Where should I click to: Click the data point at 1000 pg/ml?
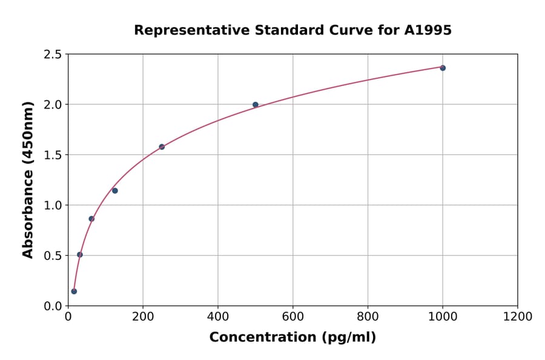(443, 68)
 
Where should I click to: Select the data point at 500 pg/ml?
(256, 105)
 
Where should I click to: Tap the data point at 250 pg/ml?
(162, 147)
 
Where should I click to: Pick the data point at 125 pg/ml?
(115, 191)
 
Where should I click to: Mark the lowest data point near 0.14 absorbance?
(74, 292)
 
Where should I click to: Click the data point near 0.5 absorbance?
(80, 255)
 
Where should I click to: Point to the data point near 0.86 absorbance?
(91, 219)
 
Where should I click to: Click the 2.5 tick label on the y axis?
(52, 55)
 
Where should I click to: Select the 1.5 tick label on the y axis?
(52, 155)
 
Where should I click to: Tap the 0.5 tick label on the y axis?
(52, 256)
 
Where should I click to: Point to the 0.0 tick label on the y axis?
(52, 306)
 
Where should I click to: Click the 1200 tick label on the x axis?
(517, 317)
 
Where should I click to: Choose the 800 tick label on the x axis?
(368, 317)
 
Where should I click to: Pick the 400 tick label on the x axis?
(218, 317)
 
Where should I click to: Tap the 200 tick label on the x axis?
(143, 317)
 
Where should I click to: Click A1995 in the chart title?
(428, 30)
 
